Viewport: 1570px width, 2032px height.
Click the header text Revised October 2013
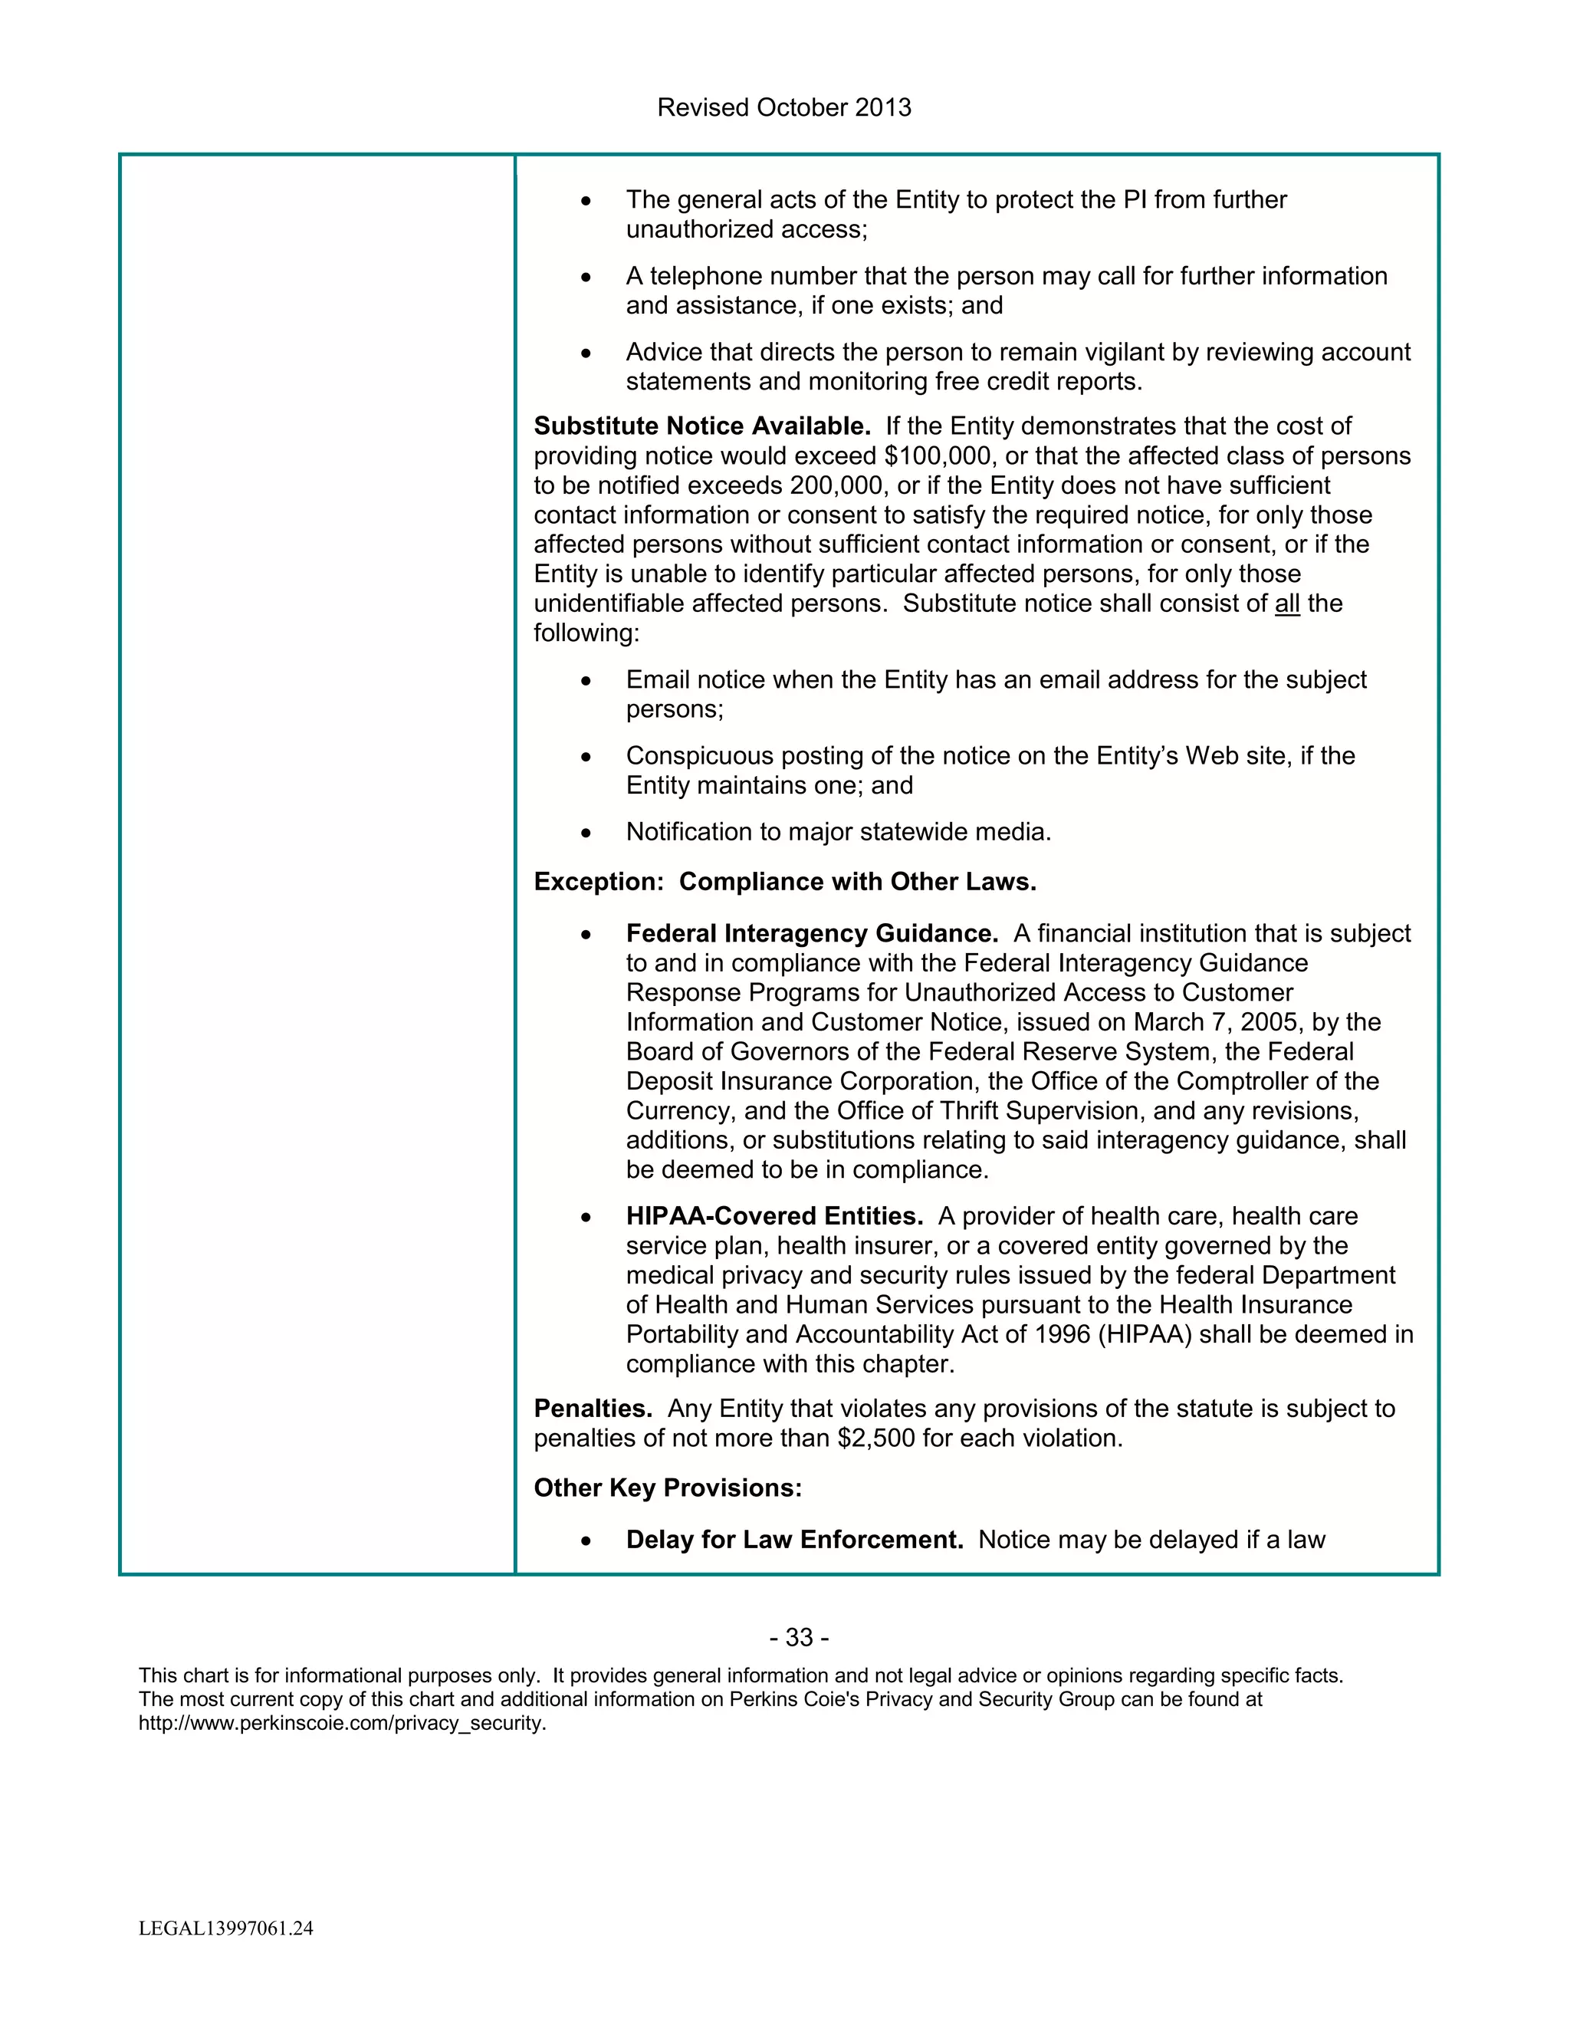coord(784,108)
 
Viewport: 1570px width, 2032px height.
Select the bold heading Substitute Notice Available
coord(701,426)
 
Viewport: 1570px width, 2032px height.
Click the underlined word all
coord(1287,603)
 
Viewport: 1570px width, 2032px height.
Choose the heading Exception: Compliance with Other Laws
coord(785,882)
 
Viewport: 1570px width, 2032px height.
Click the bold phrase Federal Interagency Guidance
coord(811,934)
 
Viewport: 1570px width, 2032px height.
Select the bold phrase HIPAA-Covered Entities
coord(774,1217)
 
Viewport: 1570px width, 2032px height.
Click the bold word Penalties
coord(593,1409)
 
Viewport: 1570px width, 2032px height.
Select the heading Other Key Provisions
coord(667,1488)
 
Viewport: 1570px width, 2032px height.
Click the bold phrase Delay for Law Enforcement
coord(794,1540)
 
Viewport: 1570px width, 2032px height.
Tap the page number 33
coord(799,1638)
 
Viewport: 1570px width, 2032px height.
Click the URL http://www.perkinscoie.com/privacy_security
coord(341,1723)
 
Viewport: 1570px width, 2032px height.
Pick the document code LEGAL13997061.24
coord(226,1928)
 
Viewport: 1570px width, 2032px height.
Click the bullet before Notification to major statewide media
coord(586,834)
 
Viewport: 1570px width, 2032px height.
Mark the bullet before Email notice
coord(586,682)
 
